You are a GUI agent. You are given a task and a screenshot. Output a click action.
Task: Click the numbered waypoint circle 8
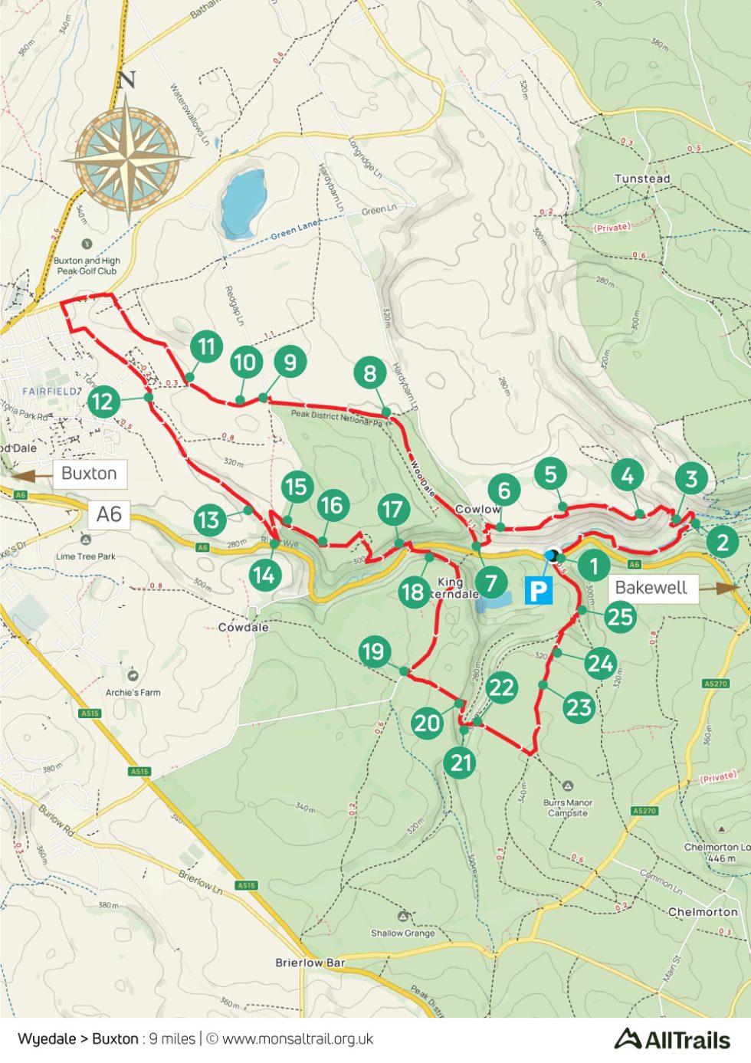[x=370, y=373]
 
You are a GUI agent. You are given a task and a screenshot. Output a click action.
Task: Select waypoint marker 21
[x=460, y=763]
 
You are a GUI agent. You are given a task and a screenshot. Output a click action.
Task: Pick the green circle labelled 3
[x=690, y=479]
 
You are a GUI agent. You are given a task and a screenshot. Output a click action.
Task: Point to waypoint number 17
[x=392, y=510]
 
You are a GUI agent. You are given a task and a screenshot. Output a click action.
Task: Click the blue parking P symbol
[x=538, y=590]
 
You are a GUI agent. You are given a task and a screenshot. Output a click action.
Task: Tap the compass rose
[x=127, y=155]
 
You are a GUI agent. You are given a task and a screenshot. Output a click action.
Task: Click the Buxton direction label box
[x=89, y=474]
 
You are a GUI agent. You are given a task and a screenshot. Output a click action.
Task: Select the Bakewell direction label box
[x=651, y=588]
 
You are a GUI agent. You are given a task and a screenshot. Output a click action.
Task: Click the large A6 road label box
[x=109, y=514]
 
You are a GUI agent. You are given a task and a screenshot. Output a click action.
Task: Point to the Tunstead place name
[x=642, y=179]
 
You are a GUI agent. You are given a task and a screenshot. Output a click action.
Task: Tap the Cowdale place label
[x=243, y=627]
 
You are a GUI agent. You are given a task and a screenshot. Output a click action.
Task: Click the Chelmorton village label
[x=703, y=912]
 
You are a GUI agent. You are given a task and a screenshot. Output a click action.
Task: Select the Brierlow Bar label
[x=310, y=963]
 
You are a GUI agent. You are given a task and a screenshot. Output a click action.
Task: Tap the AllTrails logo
[x=672, y=1039]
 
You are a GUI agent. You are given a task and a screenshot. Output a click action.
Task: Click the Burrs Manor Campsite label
[x=568, y=808]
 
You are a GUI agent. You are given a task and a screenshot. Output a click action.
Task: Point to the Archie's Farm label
[x=133, y=692]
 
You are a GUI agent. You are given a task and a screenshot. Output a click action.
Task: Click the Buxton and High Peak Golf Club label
[x=87, y=266]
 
